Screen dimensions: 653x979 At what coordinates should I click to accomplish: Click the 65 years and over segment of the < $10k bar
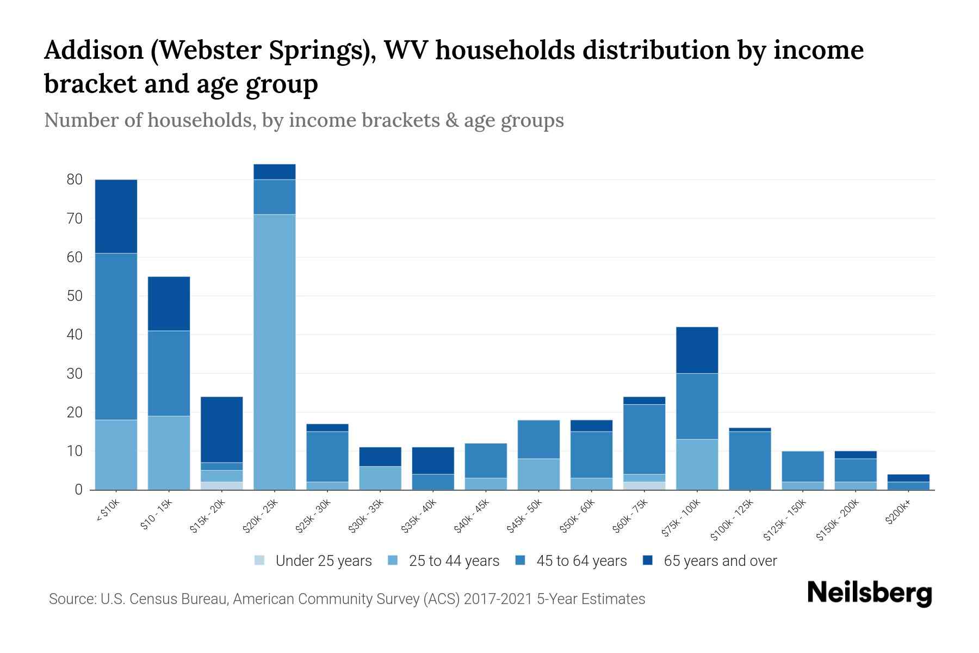point(116,216)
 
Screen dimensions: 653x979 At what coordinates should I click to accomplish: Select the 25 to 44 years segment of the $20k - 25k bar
point(275,352)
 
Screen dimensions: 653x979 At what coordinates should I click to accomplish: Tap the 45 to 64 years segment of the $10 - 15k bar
point(169,373)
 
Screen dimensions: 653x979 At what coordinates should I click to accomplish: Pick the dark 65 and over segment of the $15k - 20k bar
point(221,429)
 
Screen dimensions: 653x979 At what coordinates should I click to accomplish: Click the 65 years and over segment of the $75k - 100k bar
point(697,350)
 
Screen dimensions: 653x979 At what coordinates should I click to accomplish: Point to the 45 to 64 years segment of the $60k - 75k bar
point(644,439)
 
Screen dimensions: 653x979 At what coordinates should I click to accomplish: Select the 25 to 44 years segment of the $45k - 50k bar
point(538,474)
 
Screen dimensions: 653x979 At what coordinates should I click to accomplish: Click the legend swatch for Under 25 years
point(260,560)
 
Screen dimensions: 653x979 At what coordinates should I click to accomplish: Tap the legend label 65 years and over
point(720,561)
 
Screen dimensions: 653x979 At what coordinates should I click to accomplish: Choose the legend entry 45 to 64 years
point(581,561)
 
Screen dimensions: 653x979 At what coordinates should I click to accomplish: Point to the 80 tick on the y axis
point(75,180)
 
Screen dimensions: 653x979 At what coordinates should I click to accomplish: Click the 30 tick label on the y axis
point(75,374)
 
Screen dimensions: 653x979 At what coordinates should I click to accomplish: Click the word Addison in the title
point(92,51)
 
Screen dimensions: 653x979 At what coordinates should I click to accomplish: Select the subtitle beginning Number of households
point(303,120)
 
